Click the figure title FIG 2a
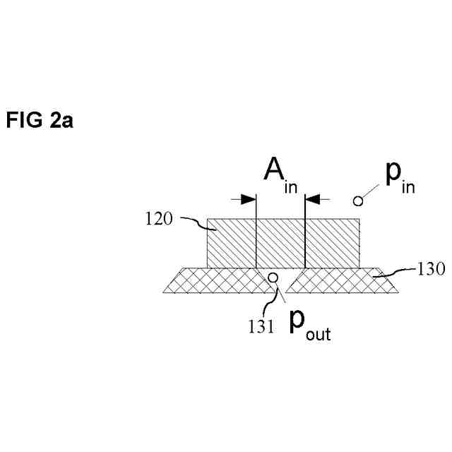coord(40,121)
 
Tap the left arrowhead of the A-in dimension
coord(249,199)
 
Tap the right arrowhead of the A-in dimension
coord(311,199)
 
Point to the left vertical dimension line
coord(255,233)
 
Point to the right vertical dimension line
coord(304,233)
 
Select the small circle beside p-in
coord(358,201)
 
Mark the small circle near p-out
coord(270,276)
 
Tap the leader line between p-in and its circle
coord(372,193)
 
